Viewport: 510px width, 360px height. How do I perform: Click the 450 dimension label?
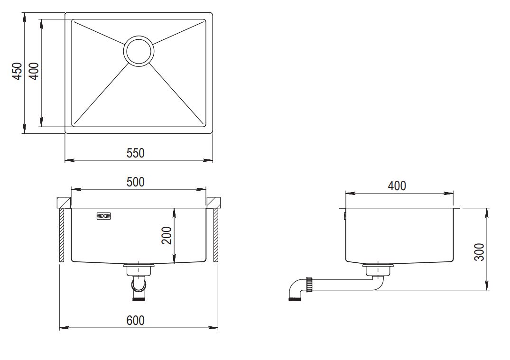[x=18, y=71]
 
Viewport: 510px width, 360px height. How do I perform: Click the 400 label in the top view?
[x=34, y=71]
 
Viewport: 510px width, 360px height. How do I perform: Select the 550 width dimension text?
[x=135, y=153]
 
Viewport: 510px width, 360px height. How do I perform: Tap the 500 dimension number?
[x=135, y=182]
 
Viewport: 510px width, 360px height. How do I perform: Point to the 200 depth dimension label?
[x=167, y=236]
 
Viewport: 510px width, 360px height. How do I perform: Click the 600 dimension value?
[x=135, y=321]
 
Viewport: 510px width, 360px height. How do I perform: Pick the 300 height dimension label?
[x=480, y=252]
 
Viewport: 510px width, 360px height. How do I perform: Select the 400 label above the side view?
[x=397, y=185]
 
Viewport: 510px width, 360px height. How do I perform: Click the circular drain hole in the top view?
[x=139, y=51]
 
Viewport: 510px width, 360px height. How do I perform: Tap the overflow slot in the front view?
[x=103, y=216]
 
